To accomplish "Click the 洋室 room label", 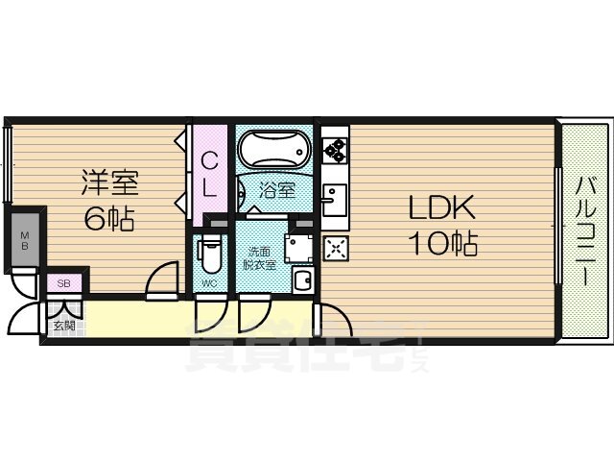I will (x=109, y=182).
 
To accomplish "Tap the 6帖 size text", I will (x=107, y=219).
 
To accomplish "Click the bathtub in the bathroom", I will (x=274, y=150).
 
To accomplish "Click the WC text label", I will (x=208, y=282).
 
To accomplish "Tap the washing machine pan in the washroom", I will (x=300, y=246).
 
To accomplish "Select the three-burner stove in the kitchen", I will (x=335, y=149).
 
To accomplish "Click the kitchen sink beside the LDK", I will (x=335, y=201).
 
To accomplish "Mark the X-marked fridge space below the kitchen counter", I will (x=336, y=250).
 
